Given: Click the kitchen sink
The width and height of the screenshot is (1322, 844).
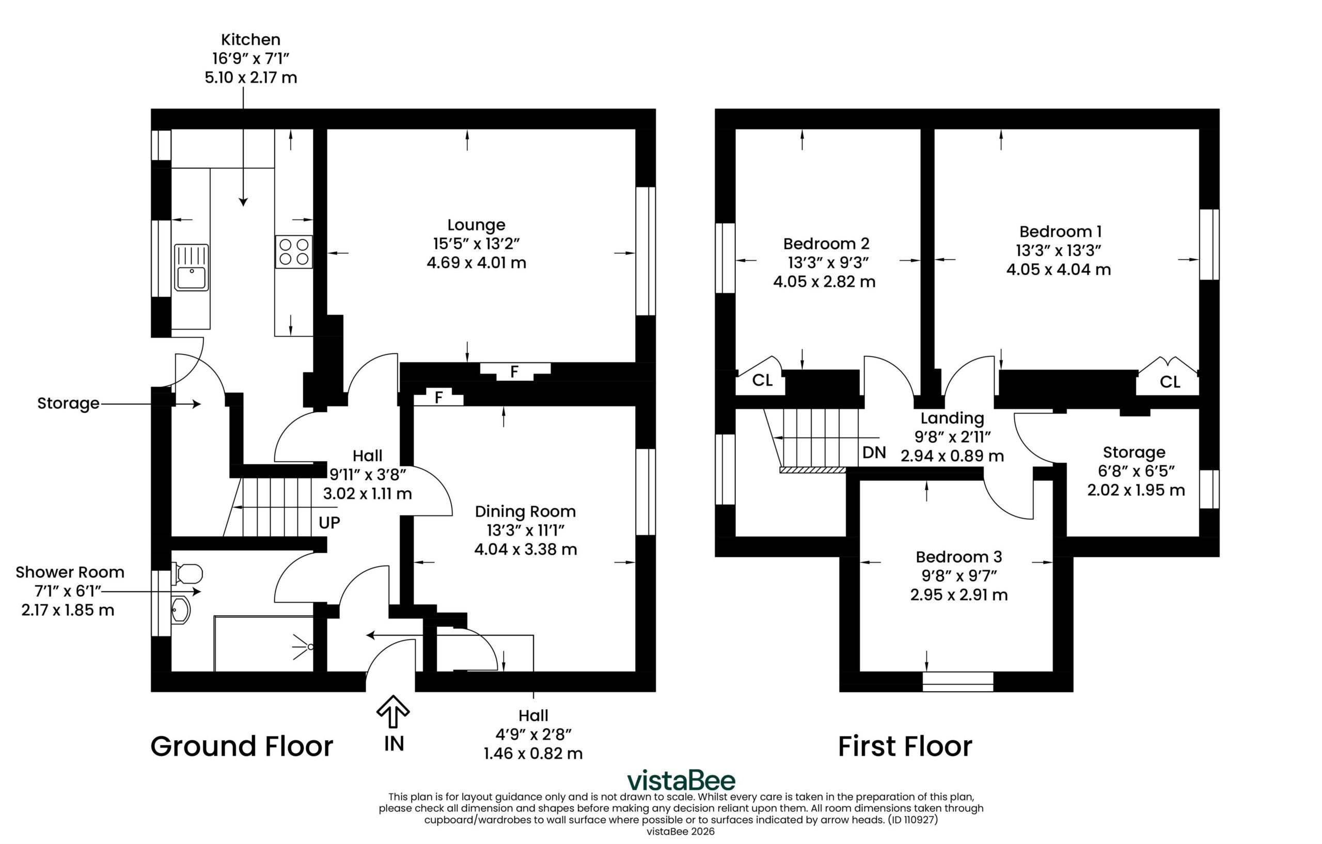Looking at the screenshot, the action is point(191,268).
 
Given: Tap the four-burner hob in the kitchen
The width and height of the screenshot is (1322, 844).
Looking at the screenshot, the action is point(294,252).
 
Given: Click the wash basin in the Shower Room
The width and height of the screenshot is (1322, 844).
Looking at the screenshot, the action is point(181,610).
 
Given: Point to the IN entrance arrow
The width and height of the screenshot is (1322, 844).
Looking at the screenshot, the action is point(393,712).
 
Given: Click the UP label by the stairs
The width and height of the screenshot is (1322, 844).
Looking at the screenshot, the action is point(329,523).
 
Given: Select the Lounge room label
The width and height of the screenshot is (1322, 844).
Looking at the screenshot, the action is point(476,225).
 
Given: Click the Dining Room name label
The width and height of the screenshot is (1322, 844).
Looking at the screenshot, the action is point(525,511).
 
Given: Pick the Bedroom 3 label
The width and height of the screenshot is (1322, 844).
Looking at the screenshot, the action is point(958,557).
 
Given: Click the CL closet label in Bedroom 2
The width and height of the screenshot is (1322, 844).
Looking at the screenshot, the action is point(762,380).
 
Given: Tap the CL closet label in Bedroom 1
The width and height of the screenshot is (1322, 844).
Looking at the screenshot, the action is point(1170,382).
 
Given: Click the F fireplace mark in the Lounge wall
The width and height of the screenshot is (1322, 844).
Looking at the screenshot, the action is point(514,372).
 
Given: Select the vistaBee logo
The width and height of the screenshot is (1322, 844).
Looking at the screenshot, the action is point(681,780).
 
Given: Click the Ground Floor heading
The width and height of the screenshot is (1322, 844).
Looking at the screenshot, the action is point(242,746).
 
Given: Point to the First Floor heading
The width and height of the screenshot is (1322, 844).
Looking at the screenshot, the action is point(905,746).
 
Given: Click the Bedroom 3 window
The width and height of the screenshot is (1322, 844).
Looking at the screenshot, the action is point(958,681).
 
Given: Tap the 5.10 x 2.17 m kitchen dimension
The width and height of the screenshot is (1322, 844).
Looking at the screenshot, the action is point(251,77).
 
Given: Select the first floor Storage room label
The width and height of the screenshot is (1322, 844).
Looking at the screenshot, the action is point(1134,452).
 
